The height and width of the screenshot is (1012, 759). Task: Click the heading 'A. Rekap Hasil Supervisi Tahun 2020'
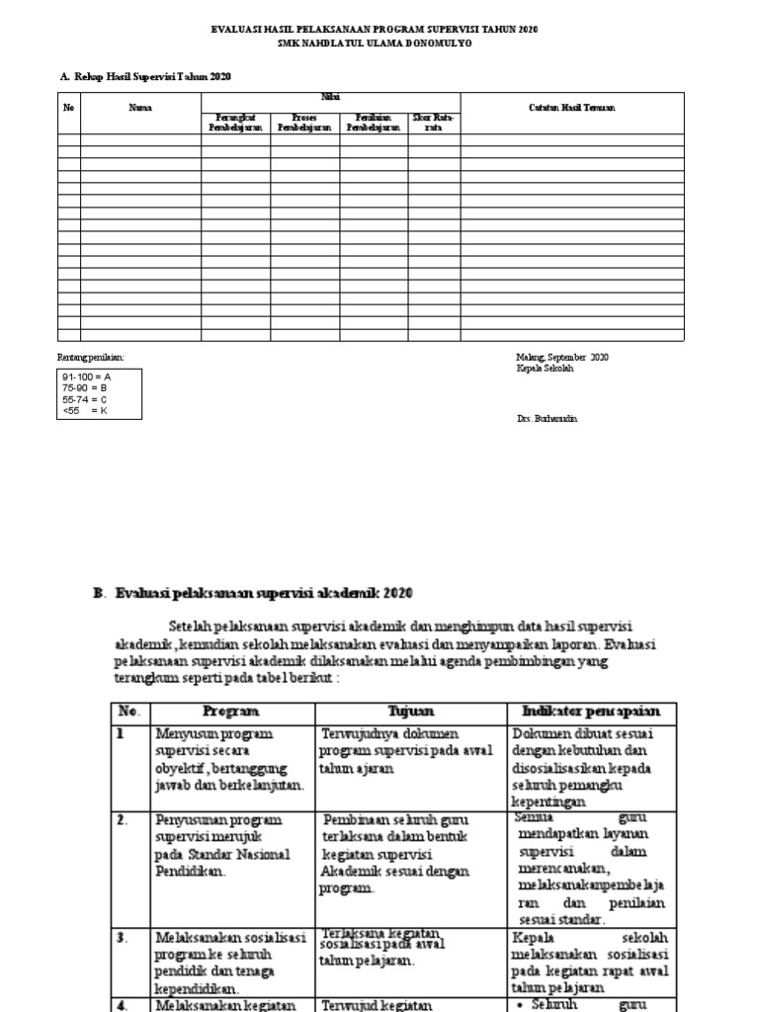tap(147, 76)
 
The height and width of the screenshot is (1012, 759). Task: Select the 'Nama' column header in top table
tap(140, 108)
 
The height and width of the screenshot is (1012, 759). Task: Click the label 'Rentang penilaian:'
tap(92, 357)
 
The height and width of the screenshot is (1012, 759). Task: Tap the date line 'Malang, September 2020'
tap(562, 357)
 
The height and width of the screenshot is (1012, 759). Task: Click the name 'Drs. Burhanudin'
tap(547, 419)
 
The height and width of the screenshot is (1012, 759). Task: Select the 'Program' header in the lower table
tap(230, 712)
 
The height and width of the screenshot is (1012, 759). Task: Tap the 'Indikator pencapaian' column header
tap(591, 712)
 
